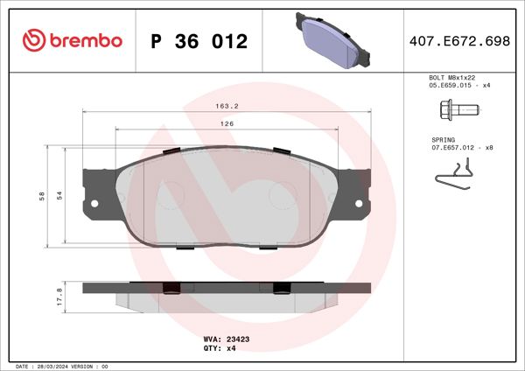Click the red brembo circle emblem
click(32, 41)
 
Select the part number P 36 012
click(199, 41)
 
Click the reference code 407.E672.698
click(459, 41)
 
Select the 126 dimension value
click(226, 124)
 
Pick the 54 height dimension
click(59, 195)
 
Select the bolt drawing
click(457, 110)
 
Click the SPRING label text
click(444, 140)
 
